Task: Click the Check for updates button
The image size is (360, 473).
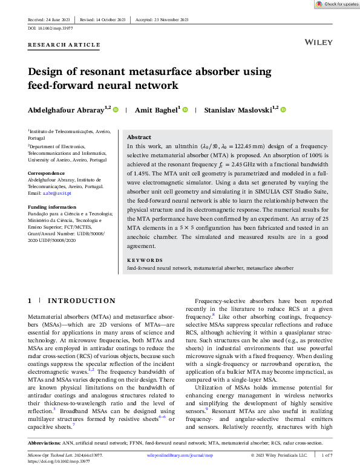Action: [336, 4]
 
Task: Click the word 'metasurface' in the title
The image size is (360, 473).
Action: [169, 72]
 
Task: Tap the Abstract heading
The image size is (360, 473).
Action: [139, 137]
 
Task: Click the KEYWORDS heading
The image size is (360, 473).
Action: [145, 260]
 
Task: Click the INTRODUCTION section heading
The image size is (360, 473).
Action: [81, 301]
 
